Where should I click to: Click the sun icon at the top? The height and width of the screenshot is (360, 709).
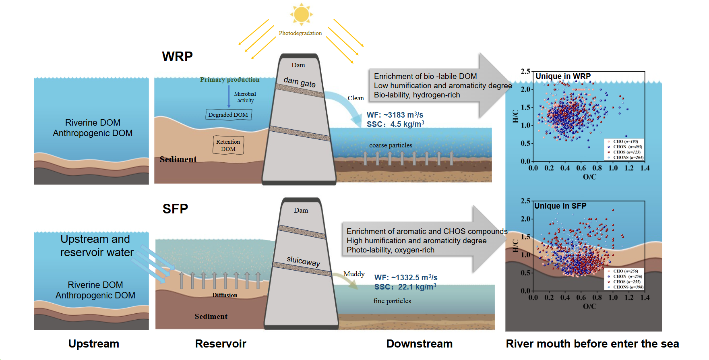coord(301,14)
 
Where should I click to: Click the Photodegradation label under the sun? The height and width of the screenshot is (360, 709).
coord(300,33)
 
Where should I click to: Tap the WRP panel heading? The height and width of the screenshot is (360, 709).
coord(177,56)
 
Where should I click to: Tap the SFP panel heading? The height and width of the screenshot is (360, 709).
coord(175,209)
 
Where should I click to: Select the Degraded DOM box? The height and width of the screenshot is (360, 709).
coord(228,115)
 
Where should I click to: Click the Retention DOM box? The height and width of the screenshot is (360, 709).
coord(228,145)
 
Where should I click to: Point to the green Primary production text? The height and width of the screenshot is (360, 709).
coord(229,80)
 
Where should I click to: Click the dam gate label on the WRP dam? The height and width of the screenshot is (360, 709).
coord(300,82)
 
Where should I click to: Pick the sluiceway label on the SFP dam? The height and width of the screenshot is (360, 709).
coord(303,261)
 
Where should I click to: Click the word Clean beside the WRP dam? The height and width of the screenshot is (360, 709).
coord(356,98)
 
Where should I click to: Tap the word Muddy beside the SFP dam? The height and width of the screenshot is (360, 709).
coord(354,274)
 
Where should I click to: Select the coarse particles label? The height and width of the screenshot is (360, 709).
coord(391,145)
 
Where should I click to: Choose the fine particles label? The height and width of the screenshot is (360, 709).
coord(392,301)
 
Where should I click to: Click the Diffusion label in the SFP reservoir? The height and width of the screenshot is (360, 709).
coord(225,295)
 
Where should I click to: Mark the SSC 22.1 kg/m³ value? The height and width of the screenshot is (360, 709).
coord(405,287)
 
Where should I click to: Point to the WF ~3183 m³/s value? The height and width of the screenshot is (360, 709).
coord(395,115)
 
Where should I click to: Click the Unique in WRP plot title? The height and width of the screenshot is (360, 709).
coord(563,76)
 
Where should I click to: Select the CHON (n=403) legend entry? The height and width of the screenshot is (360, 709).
coord(627,147)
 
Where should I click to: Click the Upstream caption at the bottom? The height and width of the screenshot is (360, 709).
coord(94,343)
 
